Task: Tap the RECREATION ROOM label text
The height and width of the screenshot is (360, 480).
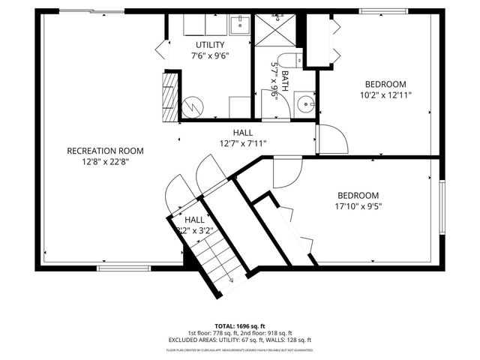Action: (x=105, y=151)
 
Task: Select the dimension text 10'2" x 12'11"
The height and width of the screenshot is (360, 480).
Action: (x=385, y=94)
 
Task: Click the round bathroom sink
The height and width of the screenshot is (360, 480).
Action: (x=304, y=103)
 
